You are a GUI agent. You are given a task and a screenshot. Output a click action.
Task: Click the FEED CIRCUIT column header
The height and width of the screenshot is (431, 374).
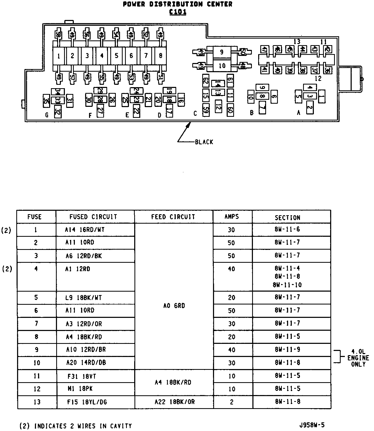173,217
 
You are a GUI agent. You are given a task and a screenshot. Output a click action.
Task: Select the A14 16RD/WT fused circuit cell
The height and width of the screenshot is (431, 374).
85,230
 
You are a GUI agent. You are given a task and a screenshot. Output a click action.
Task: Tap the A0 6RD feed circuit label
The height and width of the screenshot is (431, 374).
174,306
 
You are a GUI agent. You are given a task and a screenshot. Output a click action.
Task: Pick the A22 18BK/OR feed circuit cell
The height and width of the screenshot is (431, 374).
174,402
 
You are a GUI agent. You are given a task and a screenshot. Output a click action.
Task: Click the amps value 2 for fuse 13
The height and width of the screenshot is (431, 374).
231,402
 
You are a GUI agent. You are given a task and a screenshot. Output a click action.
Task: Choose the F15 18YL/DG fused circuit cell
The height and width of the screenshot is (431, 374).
87,402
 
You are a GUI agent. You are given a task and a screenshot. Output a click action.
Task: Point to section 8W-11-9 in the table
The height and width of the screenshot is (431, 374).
287,349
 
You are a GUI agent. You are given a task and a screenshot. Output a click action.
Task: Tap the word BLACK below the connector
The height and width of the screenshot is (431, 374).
204,142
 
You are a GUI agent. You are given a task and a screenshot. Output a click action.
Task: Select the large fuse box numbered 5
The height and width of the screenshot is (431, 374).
116,55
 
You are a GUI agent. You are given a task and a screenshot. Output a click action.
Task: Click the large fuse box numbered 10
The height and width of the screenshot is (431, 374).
222,66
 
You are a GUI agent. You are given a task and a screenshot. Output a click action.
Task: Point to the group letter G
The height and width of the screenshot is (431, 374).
47,115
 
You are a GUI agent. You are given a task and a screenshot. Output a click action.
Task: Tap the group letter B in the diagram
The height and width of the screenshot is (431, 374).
252,113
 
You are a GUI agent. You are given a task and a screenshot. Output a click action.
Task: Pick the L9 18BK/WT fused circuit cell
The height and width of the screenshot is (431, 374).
84,298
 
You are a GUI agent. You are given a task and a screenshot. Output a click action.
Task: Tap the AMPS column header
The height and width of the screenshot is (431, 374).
232,217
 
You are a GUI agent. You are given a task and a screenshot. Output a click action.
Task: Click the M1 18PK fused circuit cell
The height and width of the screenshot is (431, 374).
80,389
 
